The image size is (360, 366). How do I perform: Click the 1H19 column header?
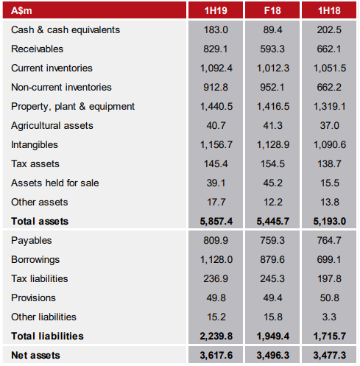pos(216,10)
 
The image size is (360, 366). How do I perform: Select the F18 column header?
pos(272,10)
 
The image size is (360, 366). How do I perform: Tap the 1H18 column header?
pos(329,10)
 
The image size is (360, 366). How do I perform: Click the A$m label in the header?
pos(21,10)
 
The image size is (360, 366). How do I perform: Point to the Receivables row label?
pos(37,49)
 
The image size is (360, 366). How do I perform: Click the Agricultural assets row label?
pos(52,126)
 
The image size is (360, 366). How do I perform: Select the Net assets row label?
pos(35,355)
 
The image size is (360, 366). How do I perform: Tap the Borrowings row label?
pos(35,260)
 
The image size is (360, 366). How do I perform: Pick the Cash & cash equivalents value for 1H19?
pos(216,29)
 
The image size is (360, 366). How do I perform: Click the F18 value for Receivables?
pos(272,49)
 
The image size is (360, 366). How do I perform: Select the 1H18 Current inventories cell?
pos(330,68)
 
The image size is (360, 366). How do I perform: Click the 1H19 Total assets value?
pos(216,221)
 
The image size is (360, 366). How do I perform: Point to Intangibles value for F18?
pos(273,144)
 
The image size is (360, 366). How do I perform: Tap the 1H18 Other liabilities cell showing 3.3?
pos(329,317)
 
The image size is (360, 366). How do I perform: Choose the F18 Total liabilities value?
pos(273,336)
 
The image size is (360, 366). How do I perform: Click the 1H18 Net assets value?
pos(330,355)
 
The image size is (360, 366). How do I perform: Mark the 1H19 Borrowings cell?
pos(216,259)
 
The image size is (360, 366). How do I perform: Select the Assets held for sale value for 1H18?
pos(330,183)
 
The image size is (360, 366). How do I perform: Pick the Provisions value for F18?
pos(272,298)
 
